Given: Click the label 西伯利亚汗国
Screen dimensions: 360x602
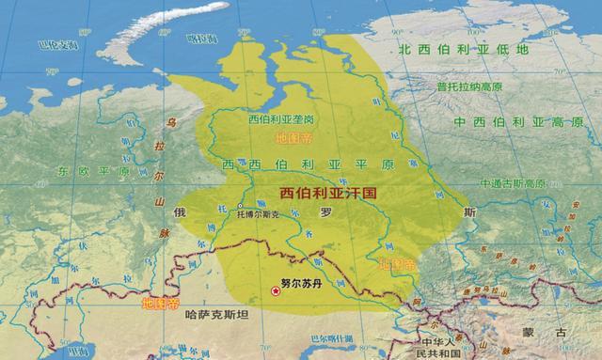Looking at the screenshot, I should click(328, 192).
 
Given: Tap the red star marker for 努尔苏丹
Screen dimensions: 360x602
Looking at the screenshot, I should click(276, 292).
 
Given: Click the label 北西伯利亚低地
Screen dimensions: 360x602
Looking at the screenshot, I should click(463, 49).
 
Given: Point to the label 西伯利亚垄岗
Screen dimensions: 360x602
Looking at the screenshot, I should click(282, 121).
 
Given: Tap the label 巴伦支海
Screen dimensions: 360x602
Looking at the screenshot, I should click(54, 44).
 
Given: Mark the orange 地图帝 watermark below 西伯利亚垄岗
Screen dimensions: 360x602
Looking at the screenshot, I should click(293, 138).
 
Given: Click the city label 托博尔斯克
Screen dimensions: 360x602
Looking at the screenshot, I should click(258, 214).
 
